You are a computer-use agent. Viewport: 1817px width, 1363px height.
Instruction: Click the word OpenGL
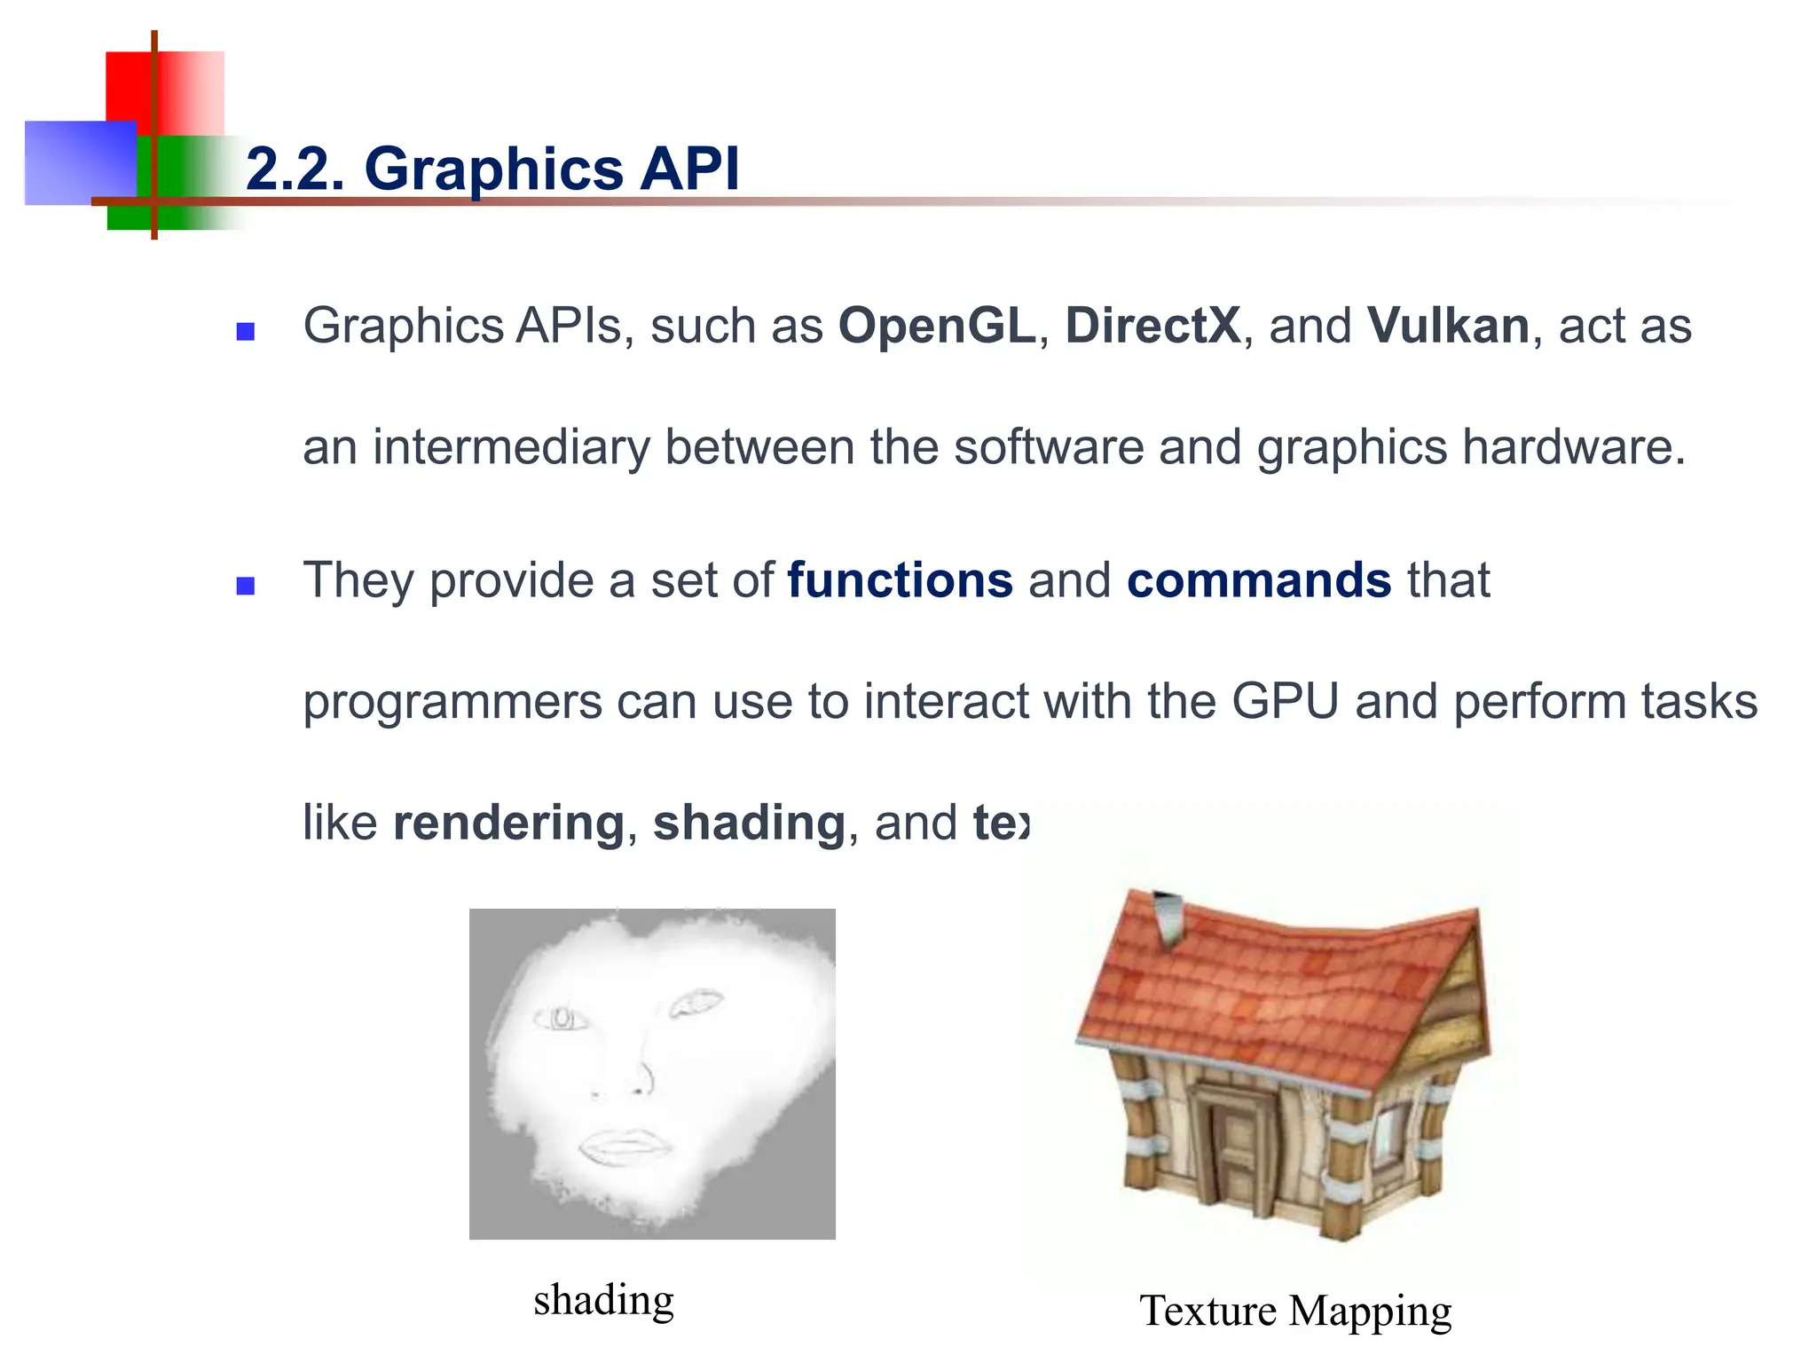pyautogui.click(x=937, y=326)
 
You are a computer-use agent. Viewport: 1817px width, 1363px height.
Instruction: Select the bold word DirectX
pyautogui.click(x=1152, y=326)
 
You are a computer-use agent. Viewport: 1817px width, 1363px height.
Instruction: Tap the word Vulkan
pyautogui.click(x=1448, y=326)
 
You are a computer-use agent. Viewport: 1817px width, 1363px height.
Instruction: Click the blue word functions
pyautogui.click(x=900, y=580)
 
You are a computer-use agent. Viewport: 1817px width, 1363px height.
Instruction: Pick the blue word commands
pyautogui.click(x=1259, y=580)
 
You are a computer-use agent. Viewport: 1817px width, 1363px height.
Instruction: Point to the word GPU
pyautogui.click(x=1284, y=701)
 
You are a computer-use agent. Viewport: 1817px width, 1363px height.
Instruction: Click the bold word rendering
pyautogui.click(x=509, y=823)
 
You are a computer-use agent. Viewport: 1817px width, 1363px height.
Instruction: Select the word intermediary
pyautogui.click(x=511, y=446)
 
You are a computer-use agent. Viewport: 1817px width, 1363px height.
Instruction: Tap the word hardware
pyautogui.click(x=1573, y=446)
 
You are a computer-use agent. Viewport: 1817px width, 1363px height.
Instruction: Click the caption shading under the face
pyautogui.click(x=604, y=1300)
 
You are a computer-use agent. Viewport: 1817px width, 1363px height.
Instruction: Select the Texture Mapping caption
pyautogui.click(x=1295, y=1311)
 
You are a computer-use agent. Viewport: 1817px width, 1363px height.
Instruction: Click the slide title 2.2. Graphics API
pyautogui.click(x=492, y=169)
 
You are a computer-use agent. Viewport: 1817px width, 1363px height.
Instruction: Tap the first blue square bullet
pyautogui.click(x=246, y=332)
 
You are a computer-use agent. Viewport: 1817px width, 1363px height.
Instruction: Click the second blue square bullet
pyautogui.click(x=246, y=586)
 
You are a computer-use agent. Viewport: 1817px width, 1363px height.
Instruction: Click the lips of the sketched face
pyautogui.click(x=625, y=1145)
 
